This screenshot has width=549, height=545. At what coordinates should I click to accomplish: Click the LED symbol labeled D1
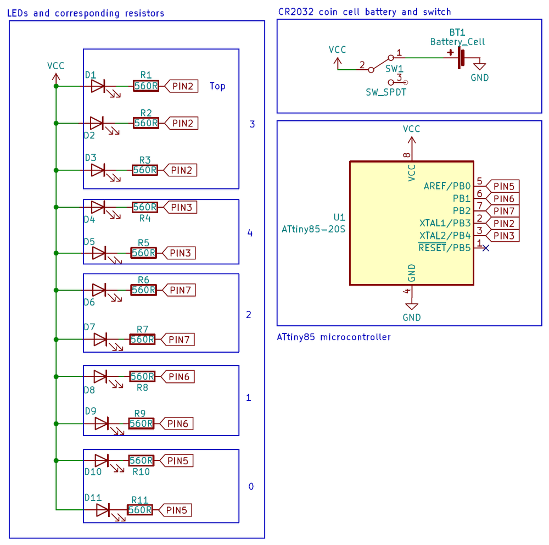(99, 86)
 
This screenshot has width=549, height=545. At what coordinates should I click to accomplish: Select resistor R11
(140, 510)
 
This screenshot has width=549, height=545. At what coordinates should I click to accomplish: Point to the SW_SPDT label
(386, 92)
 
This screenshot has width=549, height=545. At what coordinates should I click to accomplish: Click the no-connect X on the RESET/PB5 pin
(485, 248)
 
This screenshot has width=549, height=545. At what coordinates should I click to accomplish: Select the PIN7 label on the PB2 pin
(502, 211)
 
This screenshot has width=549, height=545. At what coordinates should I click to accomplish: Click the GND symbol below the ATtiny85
(411, 307)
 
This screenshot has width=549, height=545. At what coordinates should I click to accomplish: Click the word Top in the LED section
(217, 86)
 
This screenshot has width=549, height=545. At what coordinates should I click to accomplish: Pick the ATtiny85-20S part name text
(313, 229)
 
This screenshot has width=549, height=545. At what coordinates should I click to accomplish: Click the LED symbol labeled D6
(99, 290)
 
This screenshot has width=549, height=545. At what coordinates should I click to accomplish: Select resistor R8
(142, 376)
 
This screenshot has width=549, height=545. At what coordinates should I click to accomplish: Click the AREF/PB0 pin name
(447, 186)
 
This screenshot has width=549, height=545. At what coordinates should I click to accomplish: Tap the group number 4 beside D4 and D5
(250, 233)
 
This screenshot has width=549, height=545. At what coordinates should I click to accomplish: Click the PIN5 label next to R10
(177, 460)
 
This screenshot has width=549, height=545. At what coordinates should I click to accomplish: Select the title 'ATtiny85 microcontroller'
(334, 337)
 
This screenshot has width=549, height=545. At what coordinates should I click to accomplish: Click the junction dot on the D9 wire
(56, 424)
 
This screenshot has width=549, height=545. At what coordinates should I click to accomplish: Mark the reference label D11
(93, 497)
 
